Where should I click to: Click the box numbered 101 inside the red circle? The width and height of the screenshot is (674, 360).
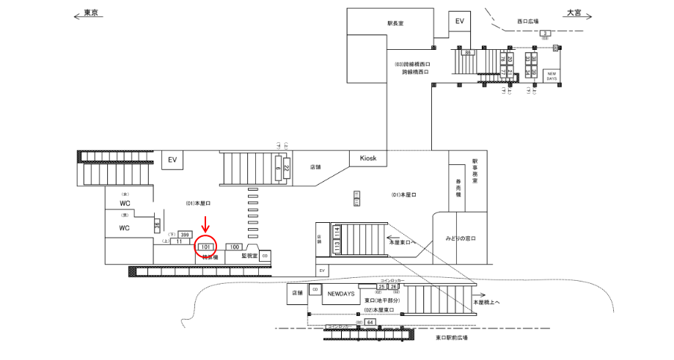coord(207,247)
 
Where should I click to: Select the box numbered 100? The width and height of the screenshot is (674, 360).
coord(235,247)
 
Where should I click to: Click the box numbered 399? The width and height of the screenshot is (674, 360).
coord(185,235)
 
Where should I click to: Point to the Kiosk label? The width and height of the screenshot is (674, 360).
coord(368,158)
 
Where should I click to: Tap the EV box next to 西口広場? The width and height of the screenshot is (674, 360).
coord(460,21)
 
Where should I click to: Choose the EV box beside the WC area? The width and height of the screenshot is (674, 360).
coord(173,159)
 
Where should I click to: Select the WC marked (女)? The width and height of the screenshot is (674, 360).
coord(125,202)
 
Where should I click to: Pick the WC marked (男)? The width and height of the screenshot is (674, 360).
coord(125,228)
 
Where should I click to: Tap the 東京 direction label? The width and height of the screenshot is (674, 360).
coord(92,13)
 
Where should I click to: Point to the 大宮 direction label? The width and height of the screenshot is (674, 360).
coord(573,13)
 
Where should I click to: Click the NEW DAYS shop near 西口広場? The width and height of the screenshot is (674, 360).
coord(551,75)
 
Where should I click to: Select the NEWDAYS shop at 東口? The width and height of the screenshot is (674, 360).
coord(341,293)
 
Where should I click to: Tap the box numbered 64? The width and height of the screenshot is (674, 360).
coord(370,322)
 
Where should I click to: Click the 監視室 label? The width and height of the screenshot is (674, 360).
coord(249,256)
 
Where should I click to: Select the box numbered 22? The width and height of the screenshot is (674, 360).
coord(286,168)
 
